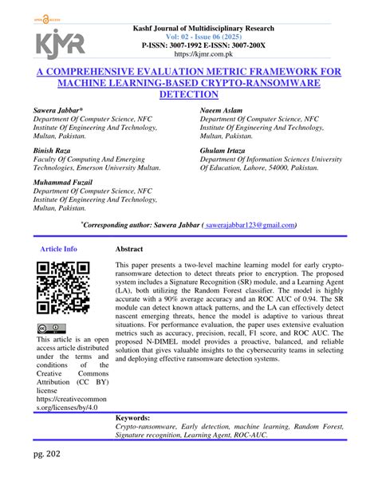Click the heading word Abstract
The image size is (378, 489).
(129, 249)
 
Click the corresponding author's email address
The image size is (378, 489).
(250, 225)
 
